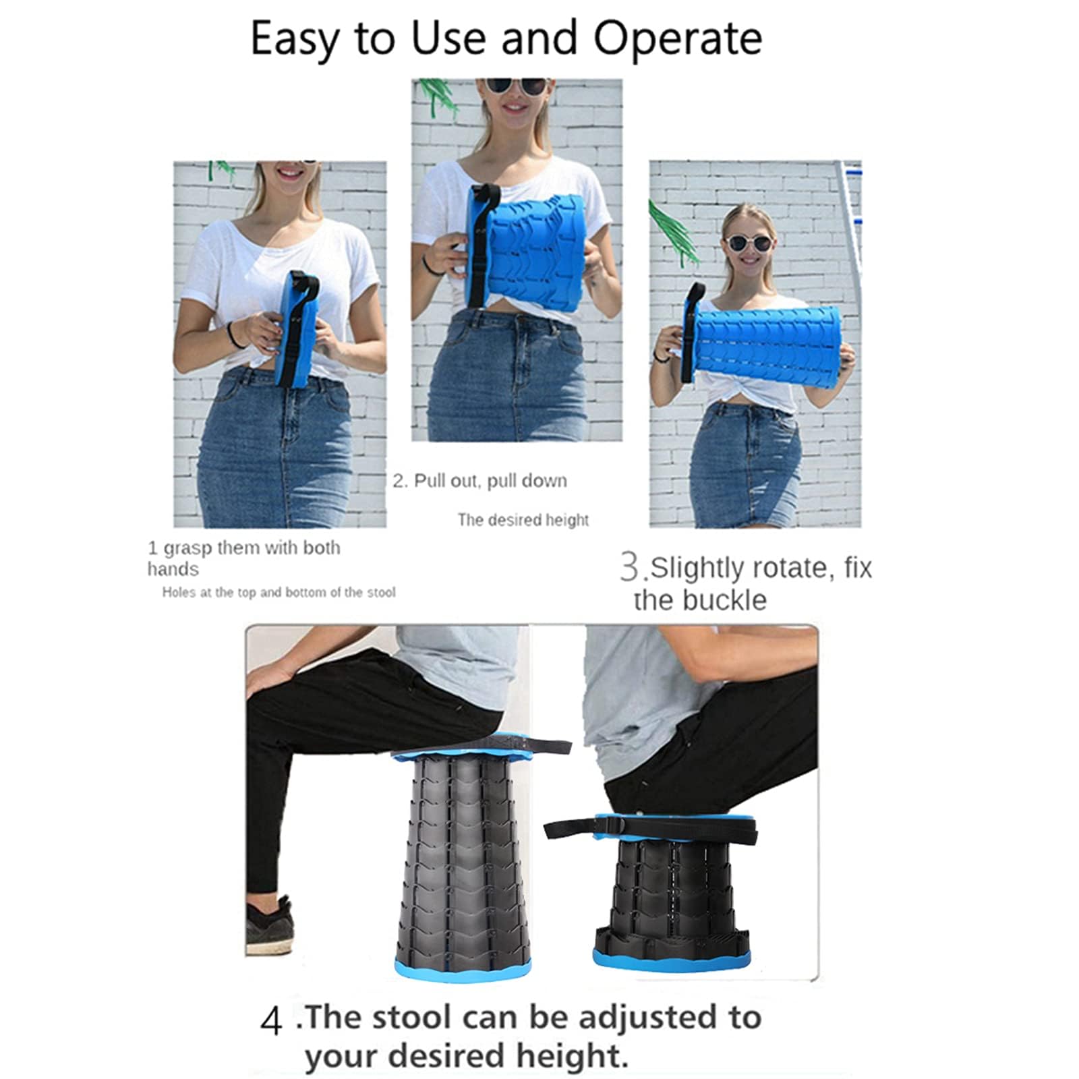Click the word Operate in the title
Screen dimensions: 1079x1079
coord(677,39)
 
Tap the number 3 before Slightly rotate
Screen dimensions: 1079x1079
coord(630,566)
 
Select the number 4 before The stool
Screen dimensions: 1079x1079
coord(271,1021)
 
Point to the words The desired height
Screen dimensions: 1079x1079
coord(523,520)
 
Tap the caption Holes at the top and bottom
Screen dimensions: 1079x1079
coord(279,592)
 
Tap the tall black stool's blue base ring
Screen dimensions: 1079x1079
coord(463,969)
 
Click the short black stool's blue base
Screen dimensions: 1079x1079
coord(671,958)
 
